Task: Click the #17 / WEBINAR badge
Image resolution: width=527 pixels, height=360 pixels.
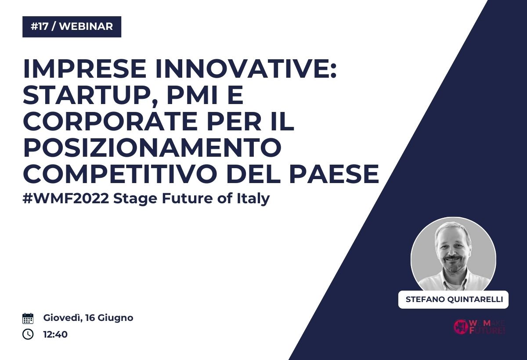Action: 72,27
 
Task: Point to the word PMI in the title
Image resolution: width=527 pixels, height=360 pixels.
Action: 191,95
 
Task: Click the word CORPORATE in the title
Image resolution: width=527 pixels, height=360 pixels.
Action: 110,121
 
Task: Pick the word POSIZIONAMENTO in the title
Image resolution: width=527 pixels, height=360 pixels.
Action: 152,148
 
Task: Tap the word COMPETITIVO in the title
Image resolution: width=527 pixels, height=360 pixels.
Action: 120,174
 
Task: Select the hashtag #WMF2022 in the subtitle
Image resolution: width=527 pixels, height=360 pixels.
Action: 66,198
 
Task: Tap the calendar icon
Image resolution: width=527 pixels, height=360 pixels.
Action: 28,318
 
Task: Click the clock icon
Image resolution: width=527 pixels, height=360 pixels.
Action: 28,334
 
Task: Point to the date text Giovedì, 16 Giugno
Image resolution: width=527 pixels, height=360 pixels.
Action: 88,318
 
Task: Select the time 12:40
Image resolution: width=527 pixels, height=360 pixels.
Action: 55,335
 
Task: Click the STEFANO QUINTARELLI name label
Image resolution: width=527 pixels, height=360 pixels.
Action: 453,299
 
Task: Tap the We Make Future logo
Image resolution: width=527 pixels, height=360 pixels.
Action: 479,327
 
